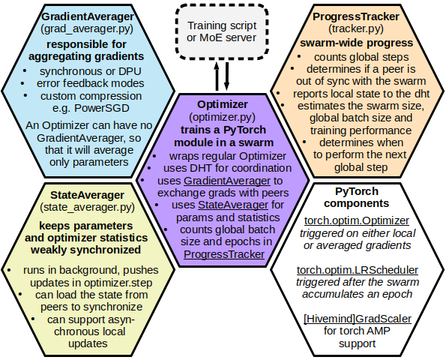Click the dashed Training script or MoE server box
click(x=222, y=31)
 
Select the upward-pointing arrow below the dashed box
click(x=217, y=76)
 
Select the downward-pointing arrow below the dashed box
click(x=226, y=76)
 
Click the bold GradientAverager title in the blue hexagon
click(x=88, y=16)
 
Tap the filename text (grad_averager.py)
click(x=87, y=28)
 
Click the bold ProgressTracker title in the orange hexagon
click(x=356, y=16)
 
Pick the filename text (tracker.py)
click(x=356, y=28)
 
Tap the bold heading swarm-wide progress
click(x=356, y=43)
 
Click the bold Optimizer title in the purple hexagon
click(x=223, y=104)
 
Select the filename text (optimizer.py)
click(x=222, y=117)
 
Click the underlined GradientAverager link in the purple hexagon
click(x=227, y=181)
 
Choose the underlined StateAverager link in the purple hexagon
click(x=233, y=205)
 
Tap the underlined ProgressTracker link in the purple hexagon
click(x=224, y=254)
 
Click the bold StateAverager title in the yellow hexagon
click(x=87, y=195)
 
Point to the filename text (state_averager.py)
click(x=87, y=207)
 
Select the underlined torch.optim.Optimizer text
click(x=357, y=220)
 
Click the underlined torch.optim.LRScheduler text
click(x=358, y=270)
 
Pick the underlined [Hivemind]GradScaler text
click(x=358, y=319)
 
